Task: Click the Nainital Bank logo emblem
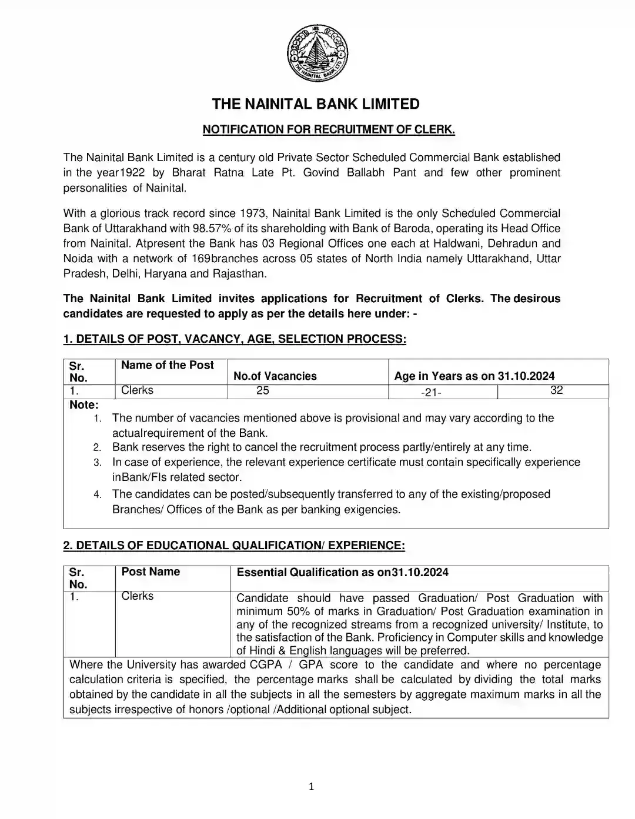pyautogui.click(x=317, y=56)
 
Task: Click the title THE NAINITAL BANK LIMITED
pyautogui.click(x=316, y=105)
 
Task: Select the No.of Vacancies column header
pyautogui.click(x=275, y=376)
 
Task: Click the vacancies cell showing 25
pyautogui.click(x=263, y=390)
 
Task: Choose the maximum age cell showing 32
pyautogui.click(x=556, y=390)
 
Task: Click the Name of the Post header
pyautogui.click(x=168, y=365)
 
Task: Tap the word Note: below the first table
pyautogui.click(x=84, y=405)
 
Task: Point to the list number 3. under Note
pyautogui.click(x=98, y=463)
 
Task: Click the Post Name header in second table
pyautogui.click(x=151, y=571)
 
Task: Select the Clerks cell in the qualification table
pyautogui.click(x=138, y=596)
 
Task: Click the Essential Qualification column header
pyautogui.click(x=342, y=572)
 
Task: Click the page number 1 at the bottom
pyautogui.click(x=312, y=787)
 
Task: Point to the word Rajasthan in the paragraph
pyautogui.click(x=240, y=274)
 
